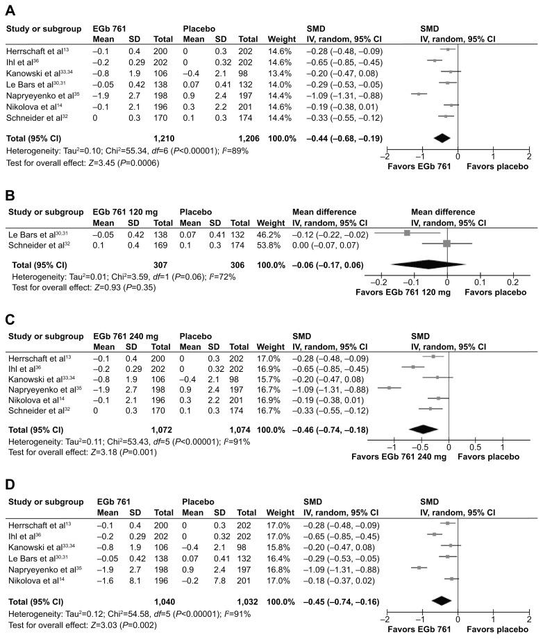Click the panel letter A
pos(10,8)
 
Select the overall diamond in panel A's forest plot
pos(441,137)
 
